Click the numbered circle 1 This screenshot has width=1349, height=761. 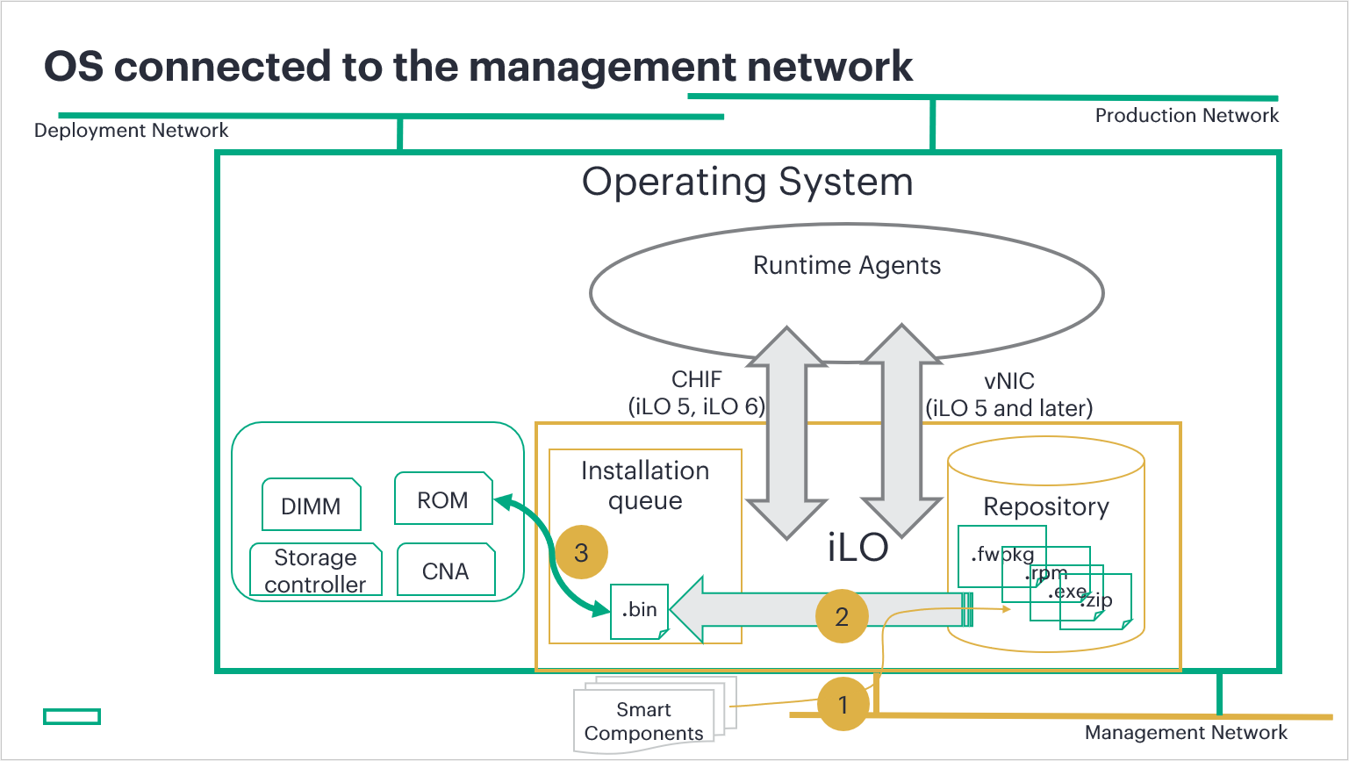(843, 704)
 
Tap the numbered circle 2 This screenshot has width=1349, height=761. (842, 616)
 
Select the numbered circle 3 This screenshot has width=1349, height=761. (581, 552)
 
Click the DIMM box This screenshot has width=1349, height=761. (312, 506)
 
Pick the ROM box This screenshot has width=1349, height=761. (443, 499)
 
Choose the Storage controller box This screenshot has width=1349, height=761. (316, 571)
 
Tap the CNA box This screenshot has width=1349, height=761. (446, 571)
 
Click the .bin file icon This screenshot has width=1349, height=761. (640, 610)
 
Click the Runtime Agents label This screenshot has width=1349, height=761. (847, 265)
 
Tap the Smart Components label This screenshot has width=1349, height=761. (644, 722)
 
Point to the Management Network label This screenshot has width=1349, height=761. (1186, 732)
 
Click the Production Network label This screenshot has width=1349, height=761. (1187, 115)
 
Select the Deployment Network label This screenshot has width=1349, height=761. (131, 130)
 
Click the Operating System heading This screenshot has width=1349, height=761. (748, 182)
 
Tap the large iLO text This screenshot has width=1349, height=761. (857, 548)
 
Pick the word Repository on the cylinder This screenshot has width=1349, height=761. (1046, 506)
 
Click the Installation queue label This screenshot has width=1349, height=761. (645, 485)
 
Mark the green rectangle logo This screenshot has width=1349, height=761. (72, 716)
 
